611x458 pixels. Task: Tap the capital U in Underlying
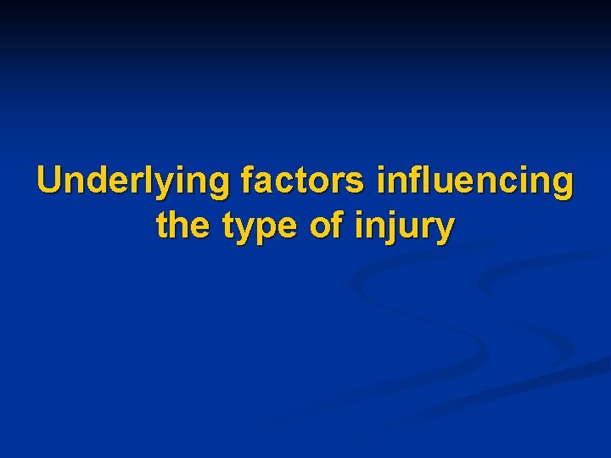(50, 180)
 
